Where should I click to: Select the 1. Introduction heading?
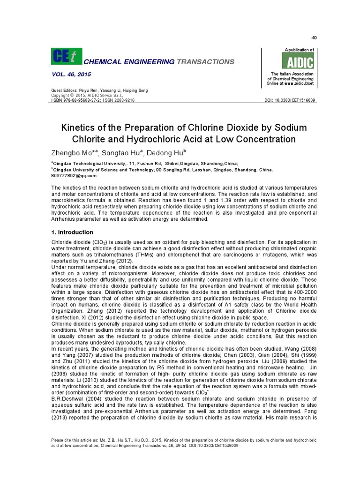tap(72, 232)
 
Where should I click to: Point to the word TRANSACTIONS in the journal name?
tap(205, 62)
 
